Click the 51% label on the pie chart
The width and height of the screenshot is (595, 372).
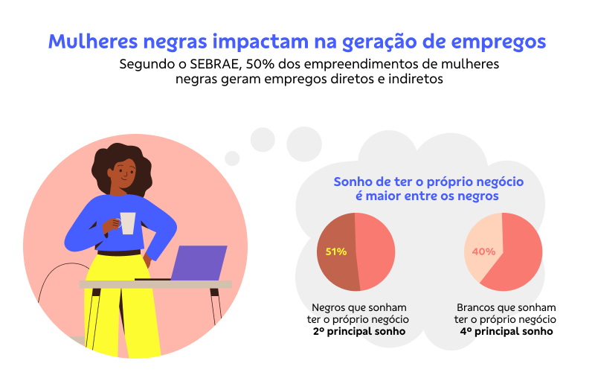click(336, 251)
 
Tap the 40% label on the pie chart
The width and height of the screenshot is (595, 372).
click(483, 251)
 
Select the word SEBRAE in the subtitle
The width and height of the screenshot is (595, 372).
click(215, 64)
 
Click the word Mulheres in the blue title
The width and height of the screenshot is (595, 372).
click(92, 41)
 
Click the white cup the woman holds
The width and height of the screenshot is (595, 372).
click(128, 223)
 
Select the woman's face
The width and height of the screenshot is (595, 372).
click(123, 175)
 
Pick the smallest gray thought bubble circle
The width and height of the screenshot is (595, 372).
click(232, 158)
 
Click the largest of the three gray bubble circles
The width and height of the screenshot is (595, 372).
click(304, 144)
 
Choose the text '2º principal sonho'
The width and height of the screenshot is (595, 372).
click(359, 331)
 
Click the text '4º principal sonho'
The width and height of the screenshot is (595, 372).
click(506, 331)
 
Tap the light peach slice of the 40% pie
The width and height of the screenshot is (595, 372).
click(483, 243)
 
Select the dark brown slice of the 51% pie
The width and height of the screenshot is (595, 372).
click(337, 251)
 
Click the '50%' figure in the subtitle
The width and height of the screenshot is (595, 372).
click(260, 64)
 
